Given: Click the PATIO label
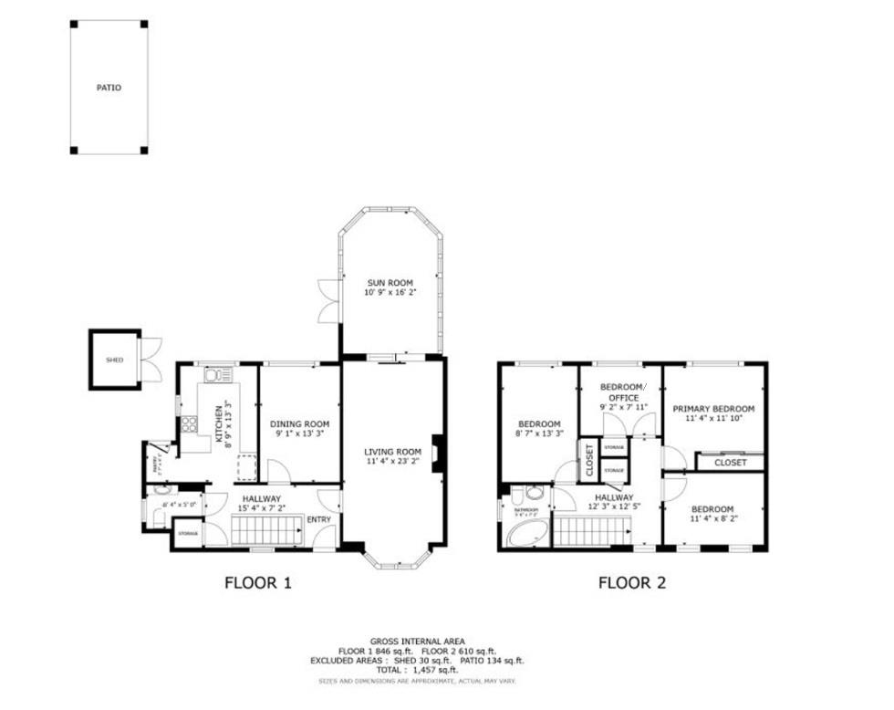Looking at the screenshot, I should (x=109, y=89).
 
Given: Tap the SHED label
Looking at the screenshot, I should (x=114, y=360).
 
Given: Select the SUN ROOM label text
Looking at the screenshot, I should (x=391, y=284).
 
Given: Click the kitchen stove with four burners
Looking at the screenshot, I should (x=191, y=423).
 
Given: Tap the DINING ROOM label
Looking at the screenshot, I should (x=299, y=424).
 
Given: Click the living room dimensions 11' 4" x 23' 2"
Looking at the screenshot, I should (x=392, y=463).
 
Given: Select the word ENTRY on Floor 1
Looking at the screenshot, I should (x=319, y=519).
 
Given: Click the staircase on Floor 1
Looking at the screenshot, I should (x=265, y=530).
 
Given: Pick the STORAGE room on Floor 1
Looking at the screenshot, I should (x=188, y=533).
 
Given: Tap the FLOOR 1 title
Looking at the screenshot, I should (x=258, y=582).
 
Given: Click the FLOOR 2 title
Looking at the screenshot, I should (x=631, y=582).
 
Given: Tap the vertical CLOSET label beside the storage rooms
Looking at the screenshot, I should (x=588, y=461).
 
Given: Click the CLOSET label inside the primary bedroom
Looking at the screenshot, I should (x=730, y=463).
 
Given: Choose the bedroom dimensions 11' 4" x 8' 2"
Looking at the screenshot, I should (x=712, y=520).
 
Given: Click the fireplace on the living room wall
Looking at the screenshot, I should (x=438, y=454).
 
